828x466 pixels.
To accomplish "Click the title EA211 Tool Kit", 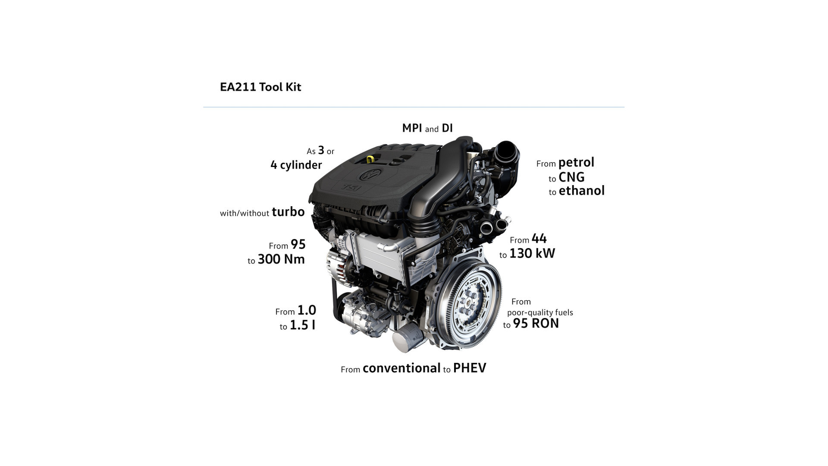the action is click(260, 87).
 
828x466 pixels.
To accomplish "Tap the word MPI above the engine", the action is click(412, 128).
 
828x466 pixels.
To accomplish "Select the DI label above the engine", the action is click(447, 128).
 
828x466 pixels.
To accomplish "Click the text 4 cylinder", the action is click(296, 165).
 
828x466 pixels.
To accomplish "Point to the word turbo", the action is click(288, 212).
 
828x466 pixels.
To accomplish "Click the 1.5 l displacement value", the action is click(302, 325).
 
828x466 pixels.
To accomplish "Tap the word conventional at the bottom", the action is click(401, 368).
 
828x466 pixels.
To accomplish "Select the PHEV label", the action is click(470, 368).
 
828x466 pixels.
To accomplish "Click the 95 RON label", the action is click(536, 323).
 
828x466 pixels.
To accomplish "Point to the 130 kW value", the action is click(532, 253).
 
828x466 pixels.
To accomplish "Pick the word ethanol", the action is click(582, 190).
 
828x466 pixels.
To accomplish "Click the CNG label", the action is click(571, 177).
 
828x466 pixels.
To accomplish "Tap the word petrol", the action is click(576, 163).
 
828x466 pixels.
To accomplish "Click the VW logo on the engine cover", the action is click(369, 175).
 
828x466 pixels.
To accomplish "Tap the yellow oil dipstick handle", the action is click(370, 159).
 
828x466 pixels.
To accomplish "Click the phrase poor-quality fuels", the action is click(540, 312).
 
